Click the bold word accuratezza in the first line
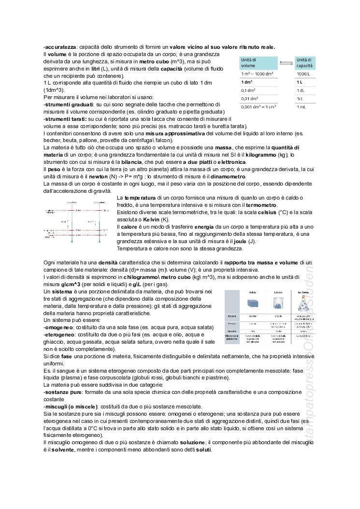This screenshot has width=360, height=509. tap(59, 47)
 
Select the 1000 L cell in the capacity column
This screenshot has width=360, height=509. tap(303, 74)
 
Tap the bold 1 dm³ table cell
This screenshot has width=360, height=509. tap(248, 82)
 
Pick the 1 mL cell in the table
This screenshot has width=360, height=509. tap(302, 106)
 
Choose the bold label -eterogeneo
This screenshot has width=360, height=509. tap(58, 334)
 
